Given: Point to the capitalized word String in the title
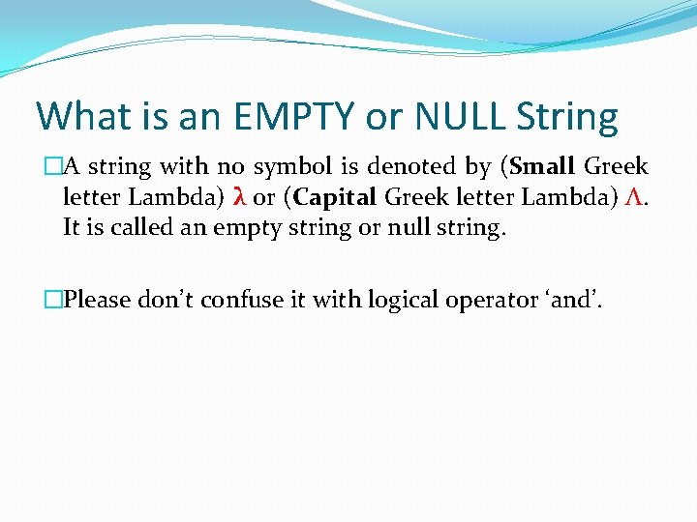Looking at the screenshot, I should pyautogui.click(x=567, y=117).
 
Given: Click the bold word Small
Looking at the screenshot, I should pyautogui.click(x=545, y=166).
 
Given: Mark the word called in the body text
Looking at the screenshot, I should pyautogui.click(x=138, y=230).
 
